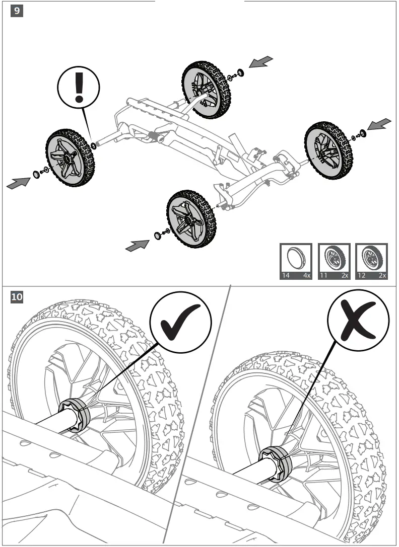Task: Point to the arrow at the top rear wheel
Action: pyautogui.click(x=261, y=62)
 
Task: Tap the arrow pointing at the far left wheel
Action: pyautogui.click(x=18, y=183)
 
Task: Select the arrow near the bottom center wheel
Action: pyautogui.click(x=137, y=246)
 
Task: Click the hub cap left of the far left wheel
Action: pyautogui.click(x=36, y=175)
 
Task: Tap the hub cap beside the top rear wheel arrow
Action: pyautogui.click(x=240, y=73)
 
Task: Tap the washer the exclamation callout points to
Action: pyautogui.click(x=94, y=146)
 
